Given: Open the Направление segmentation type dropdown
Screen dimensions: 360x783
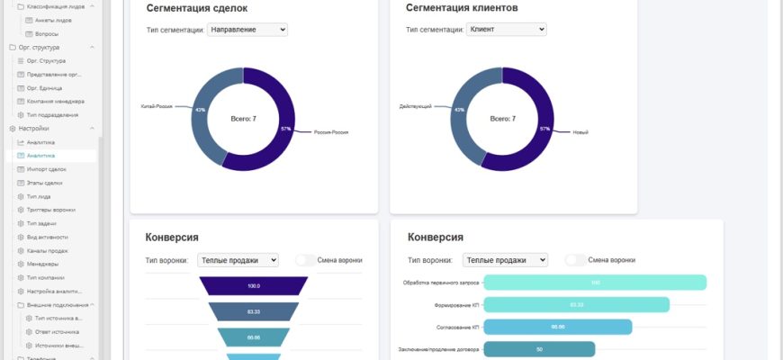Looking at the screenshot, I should (x=247, y=30).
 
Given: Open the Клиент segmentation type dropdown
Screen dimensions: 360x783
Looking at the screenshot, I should (x=506, y=30).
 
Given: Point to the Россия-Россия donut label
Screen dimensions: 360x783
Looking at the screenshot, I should (x=330, y=132).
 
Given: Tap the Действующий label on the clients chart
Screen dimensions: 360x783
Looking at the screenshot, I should (x=415, y=105).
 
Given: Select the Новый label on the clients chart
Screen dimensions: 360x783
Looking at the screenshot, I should (x=580, y=132).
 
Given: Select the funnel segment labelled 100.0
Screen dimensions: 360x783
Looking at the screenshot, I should (x=253, y=286).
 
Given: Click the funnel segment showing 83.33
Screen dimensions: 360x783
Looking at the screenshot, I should (x=253, y=311).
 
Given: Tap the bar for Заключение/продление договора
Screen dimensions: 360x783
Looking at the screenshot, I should (x=539, y=348).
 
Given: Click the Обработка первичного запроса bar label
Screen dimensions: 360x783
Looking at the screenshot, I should (x=440, y=283).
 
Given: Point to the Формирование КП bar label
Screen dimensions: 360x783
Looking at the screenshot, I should (x=456, y=305).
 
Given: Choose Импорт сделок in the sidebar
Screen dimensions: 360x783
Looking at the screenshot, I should (x=47, y=169).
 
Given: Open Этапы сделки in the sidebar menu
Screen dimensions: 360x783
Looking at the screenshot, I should (x=45, y=183).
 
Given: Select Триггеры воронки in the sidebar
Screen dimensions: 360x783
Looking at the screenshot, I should (x=51, y=210).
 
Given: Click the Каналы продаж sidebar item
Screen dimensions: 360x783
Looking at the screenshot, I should (x=48, y=250).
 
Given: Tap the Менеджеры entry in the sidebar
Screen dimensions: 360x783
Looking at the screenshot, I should (x=43, y=264).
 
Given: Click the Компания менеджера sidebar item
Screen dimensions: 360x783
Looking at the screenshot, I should (x=55, y=102).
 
